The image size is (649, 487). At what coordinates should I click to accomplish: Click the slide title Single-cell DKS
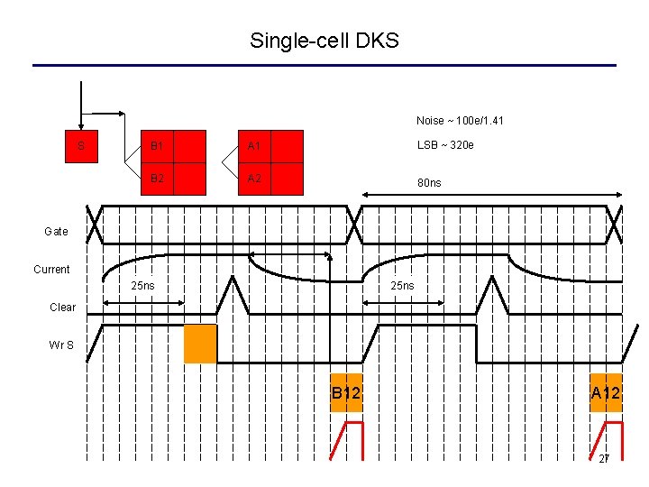click(x=324, y=41)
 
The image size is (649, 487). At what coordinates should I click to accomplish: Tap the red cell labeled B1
click(x=157, y=146)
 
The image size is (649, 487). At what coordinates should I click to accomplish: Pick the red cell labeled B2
click(x=157, y=179)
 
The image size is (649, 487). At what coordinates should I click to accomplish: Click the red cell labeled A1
click(x=254, y=146)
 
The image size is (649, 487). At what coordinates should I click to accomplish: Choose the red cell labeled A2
click(x=254, y=179)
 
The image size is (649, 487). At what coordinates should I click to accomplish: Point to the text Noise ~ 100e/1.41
click(x=460, y=121)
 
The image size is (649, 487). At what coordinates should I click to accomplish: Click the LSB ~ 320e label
click(x=445, y=145)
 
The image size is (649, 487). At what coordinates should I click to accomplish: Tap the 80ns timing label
click(x=429, y=183)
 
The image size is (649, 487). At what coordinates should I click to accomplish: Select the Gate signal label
click(x=56, y=232)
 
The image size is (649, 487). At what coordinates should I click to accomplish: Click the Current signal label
click(x=51, y=270)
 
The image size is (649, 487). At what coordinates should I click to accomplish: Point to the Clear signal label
click(x=62, y=308)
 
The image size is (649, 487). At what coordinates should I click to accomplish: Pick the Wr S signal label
click(x=62, y=344)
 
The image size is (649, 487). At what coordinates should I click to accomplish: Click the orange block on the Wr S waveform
click(x=200, y=344)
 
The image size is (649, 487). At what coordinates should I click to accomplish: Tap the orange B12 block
click(x=346, y=392)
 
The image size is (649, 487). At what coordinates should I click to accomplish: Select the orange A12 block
click(x=606, y=392)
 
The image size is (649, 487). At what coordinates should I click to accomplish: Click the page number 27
click(x=605, y=459)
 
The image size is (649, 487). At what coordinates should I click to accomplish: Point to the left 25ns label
click(x=142, y=286)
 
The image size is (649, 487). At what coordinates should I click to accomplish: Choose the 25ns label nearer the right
click(x=402, y=286)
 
